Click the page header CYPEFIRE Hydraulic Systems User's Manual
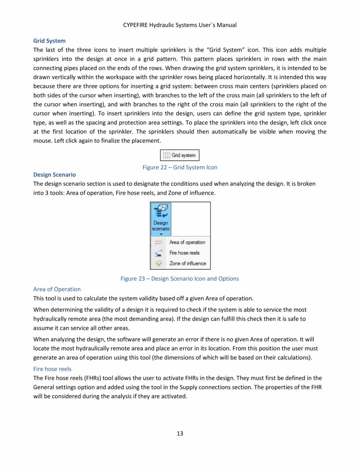180,25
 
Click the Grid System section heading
49,41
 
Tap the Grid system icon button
180,155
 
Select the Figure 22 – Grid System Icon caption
180,167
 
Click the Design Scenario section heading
54,175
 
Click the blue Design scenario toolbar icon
161,213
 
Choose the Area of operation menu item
187,242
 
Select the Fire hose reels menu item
184,253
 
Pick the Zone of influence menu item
187,263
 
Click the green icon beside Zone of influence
157,264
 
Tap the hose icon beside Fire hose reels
157,253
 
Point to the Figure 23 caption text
180,278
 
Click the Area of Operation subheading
57,289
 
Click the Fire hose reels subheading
52,369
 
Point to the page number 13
180,433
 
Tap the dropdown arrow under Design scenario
161,233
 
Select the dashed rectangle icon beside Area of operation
157,242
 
